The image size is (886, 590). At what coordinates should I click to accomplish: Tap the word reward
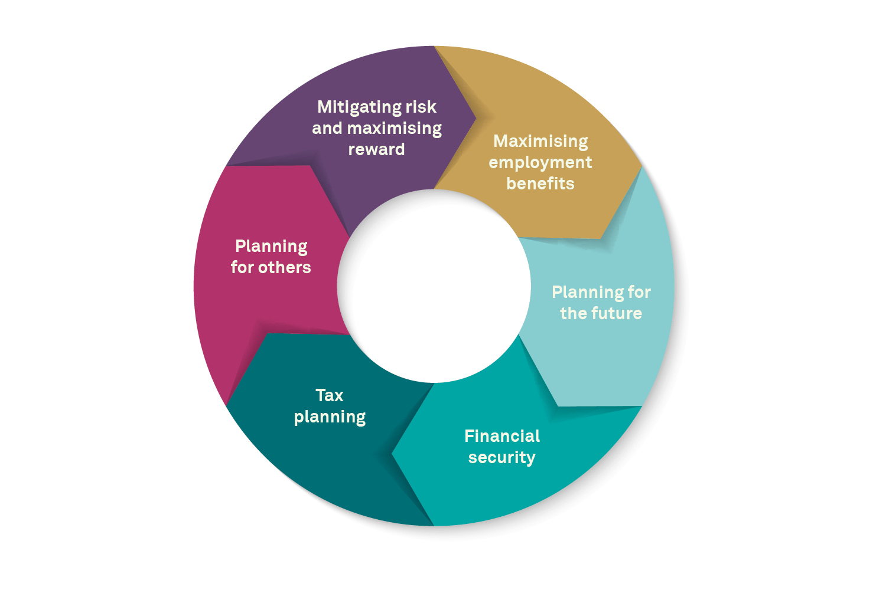pyautogui.click(x=377, y=150)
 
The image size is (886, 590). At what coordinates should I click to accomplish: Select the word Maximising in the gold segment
pyautogui.click(x=540, y=142)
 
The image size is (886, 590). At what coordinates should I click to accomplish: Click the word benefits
pyautogui.click(x=540, y=183)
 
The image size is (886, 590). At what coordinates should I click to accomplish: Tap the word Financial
pyautogui.click(x=502, y=436)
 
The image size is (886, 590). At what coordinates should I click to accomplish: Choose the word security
pyautogui.click(x=502, y=458)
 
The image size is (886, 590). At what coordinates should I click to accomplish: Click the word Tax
pyautogui.click(x=330, y=395)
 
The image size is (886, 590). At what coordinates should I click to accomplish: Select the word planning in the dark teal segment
pyautogui.click(x=330, y=418)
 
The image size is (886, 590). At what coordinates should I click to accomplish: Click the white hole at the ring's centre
pyautogui.click(x=434, y=286)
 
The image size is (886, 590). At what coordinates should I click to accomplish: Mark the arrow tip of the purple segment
pyautogui.click(x=476, y=117)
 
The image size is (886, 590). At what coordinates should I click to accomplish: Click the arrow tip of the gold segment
pyautogui.click(x=641, y=166)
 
